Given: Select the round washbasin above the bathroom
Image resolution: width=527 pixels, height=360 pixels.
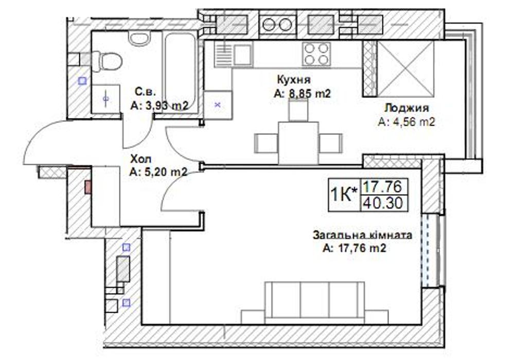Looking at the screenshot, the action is (139, 38).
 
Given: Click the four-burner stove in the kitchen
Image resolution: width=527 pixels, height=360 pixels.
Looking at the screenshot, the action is (316, 54).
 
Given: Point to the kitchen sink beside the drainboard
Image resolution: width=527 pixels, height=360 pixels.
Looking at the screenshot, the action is (243, 54).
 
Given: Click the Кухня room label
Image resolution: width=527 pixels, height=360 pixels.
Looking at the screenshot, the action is (294, 80).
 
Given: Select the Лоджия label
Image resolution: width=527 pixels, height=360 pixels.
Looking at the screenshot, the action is (407, 108).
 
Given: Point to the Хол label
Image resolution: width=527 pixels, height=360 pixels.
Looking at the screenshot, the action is (140, 159).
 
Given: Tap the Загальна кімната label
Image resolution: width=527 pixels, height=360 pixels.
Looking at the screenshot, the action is (362, 235).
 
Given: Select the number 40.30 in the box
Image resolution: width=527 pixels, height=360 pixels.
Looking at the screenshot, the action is (383, 203).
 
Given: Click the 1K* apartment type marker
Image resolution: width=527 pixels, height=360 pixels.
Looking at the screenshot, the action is (344, 194).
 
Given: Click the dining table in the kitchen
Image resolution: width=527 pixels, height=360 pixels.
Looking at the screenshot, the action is (298, 143).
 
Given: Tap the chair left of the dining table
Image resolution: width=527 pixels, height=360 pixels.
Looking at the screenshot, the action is (266, 143).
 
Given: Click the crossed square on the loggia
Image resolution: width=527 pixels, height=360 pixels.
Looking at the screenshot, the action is (406, 68).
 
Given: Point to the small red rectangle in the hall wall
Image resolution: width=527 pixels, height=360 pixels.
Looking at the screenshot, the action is (88, 187).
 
